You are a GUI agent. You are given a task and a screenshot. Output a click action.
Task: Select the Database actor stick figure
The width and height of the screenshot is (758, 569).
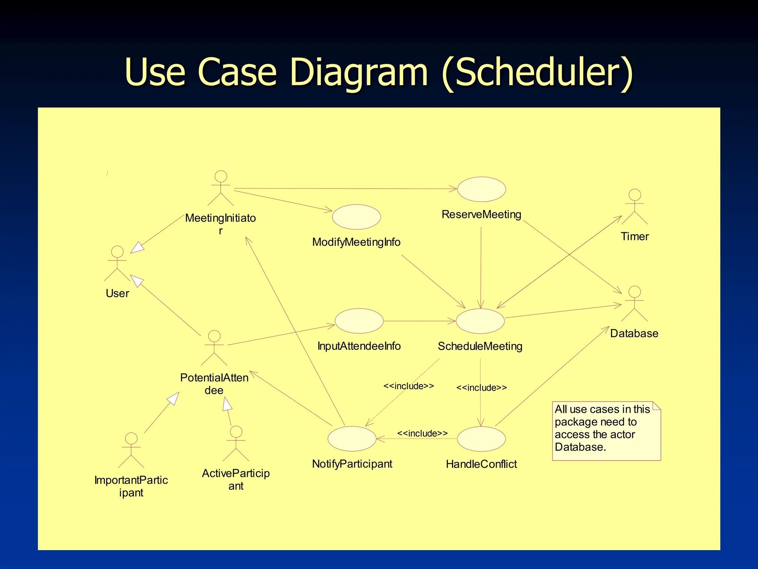[x=634, y=303]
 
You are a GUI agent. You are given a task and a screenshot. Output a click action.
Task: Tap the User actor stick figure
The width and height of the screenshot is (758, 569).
[x=117, y=263]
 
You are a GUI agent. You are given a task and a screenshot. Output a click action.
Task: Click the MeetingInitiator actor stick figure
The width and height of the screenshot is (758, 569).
[x=221, y=188]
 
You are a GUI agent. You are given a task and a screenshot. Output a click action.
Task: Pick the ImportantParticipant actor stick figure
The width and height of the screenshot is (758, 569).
[x=131, y=450]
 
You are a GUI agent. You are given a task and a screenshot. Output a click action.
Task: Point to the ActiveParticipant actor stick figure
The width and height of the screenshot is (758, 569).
[x=236, y=443]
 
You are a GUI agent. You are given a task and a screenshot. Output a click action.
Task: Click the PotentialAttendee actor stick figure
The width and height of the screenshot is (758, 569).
[x=214, y=348]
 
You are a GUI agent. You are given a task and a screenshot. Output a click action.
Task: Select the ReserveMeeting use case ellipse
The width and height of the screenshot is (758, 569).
[x=481, y=189]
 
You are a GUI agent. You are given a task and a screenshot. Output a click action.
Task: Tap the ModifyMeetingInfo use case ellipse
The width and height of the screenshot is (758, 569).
[x=356, y=217]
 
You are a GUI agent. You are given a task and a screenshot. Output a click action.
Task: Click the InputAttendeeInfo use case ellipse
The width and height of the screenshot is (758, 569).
[x=359, y=321]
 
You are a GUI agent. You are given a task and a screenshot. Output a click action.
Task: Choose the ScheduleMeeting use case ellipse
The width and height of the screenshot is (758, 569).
[x=480, y=321]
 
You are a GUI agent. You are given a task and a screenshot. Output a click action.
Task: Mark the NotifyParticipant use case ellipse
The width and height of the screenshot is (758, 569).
[x=352, y=439]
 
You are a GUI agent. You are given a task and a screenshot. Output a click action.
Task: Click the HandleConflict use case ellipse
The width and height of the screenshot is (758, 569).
[x=481, y=439]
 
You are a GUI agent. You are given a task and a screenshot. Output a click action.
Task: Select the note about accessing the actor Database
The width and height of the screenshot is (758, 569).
[x=606, y=431]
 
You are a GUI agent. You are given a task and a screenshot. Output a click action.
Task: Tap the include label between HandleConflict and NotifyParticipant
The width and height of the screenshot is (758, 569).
[x=422, y=433]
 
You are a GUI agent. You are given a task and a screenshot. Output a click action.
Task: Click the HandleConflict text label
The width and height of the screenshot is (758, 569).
[x=481, y=464]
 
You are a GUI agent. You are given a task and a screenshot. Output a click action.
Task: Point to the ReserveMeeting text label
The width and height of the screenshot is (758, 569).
[x=481, y=214]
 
